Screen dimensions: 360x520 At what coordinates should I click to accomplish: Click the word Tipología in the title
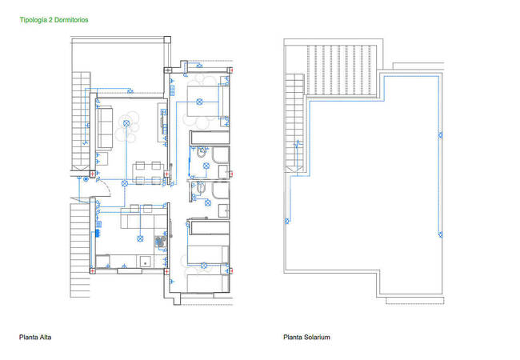(x=34, y=18)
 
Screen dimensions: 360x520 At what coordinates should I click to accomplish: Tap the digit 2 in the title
(x=53, y=18)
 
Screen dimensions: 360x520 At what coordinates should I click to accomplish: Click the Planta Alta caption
(x=35, y=338)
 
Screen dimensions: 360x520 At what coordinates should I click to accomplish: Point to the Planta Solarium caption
(x=306, y=338)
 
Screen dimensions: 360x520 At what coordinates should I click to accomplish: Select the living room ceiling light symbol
(x=129, y=122)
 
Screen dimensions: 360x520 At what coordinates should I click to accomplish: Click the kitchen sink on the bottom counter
(x=145, y=261)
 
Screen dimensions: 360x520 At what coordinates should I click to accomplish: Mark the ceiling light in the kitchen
(x=138, y=238)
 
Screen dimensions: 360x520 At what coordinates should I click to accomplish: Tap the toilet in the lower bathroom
(x=201, y=190)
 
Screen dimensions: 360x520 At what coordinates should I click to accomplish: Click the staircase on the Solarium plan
(x=296, y=120)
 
